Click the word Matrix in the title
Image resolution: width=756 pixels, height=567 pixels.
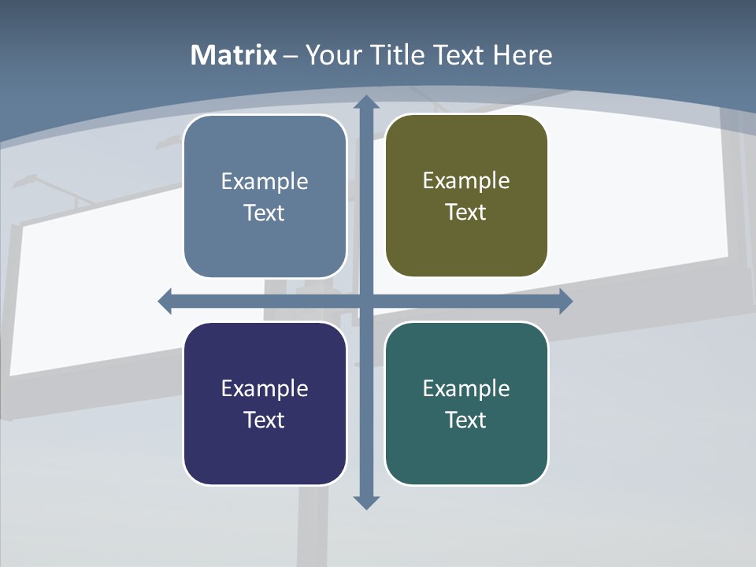[234, 55]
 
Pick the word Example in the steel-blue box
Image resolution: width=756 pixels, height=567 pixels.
[265, 182]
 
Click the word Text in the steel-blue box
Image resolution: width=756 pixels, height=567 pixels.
[265, 213]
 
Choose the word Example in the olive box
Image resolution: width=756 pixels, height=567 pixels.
[466, 181]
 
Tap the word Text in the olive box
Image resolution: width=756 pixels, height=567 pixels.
[466, 213]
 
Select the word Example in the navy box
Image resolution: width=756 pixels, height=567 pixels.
[265, 389]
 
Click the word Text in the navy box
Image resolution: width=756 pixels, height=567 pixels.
[265, 421]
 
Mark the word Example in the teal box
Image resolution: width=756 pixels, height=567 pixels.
[466, 389]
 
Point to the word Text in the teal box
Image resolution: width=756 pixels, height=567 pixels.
[466, 421]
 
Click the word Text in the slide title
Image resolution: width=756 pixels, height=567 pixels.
[460, 55]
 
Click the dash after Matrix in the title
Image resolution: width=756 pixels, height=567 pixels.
[291, 57]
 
